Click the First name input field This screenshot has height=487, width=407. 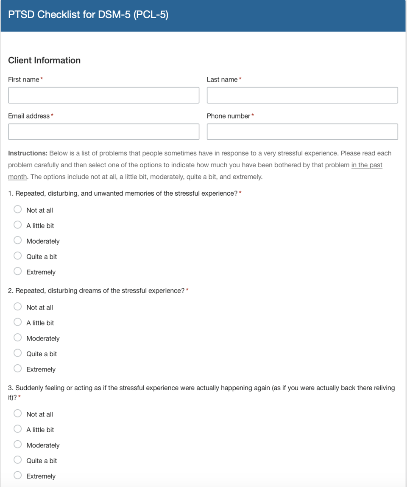click(x=103, y=95)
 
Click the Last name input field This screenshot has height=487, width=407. click(x=302, y=95)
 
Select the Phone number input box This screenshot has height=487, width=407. click(x=302, y=132)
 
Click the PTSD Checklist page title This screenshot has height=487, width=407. click(x=88, y=15)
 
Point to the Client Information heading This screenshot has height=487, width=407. click(x=44, y=60)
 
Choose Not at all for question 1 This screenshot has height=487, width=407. click(x=18, y=209)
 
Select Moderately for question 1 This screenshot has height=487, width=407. click(x=18, y=240)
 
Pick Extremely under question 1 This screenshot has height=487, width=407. click(x=18, y=271)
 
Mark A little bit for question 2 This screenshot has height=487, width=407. click(x=18, y=322)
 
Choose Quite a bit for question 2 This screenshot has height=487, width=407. click(x=18, y=353)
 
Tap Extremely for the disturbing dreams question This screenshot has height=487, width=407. click(x=18, y=368)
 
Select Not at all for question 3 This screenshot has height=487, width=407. click(x=18, y=413)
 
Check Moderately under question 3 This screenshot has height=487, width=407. click(x=18, y=444)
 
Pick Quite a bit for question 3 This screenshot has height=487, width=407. click(x=18, y=459)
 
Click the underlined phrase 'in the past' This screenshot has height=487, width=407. click(x=367, y=165)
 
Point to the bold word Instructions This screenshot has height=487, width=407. click(x=28, y=153)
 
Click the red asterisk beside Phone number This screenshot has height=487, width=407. click(x=253, y=115)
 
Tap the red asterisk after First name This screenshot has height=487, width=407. click(x=42, y=79)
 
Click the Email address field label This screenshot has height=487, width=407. click(x=28, y=116)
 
